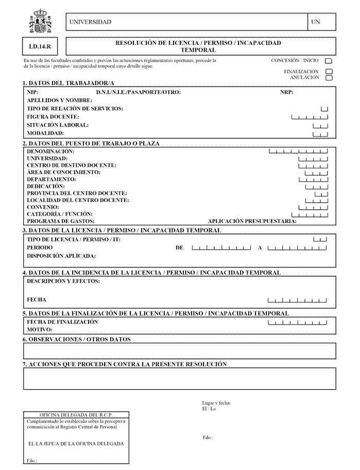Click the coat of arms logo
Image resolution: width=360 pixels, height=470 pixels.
[x=40, y=22]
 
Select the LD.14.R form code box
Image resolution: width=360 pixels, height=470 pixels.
[x=40, y=46]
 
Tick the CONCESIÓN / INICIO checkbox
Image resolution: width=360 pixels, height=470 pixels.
[x=329, y=61]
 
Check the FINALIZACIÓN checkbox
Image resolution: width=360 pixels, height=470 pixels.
[x=329, y=72]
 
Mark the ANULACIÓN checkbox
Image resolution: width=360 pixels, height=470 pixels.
[x=329, y=78]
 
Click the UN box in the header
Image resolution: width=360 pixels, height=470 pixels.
[x=322, y=22]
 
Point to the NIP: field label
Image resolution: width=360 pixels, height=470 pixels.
[x=32, y=93]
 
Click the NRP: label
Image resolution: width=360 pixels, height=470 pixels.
[x=287, y=93]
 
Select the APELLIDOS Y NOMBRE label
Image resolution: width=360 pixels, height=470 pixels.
[x=59, y=100]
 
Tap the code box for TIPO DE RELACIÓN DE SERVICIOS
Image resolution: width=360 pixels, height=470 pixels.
[x=324, y=109]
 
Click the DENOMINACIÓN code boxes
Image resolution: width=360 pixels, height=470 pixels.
[x=298, y=152]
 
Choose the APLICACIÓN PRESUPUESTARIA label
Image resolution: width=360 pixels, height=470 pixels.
[x=252, y=221]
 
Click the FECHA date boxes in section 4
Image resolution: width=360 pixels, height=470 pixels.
[x=297, y=299]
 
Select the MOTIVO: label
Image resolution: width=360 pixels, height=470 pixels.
[x=40, y=329]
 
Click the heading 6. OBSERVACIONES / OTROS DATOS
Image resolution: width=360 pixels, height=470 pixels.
[x=77, y=340]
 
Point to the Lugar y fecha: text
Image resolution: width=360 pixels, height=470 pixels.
[x=216, y=403]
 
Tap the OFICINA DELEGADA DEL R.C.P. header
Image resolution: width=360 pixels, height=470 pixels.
[x=76, y=415]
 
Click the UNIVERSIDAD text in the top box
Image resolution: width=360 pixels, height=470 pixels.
[x=90, y=22]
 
